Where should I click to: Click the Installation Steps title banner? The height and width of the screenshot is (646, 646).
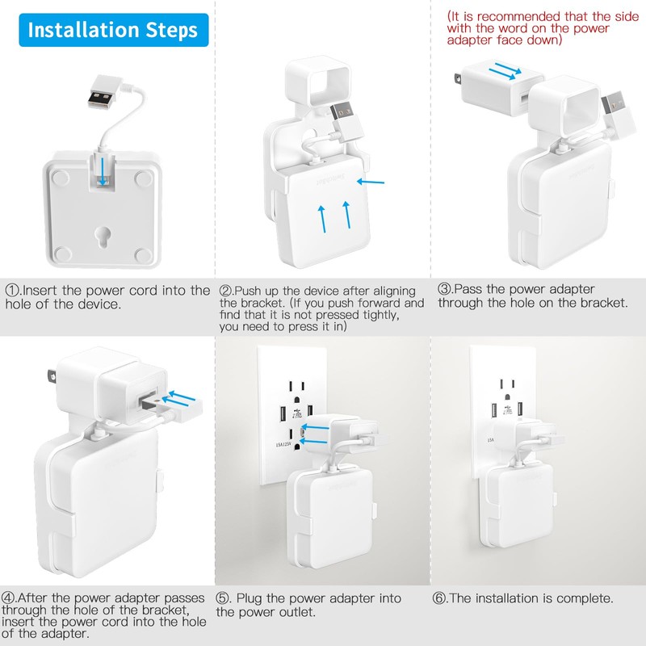[113, 31]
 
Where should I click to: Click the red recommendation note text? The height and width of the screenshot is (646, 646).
[539, 28]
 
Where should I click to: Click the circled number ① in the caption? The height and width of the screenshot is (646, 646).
[12, 290]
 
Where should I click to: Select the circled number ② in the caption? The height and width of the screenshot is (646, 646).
[227, 290]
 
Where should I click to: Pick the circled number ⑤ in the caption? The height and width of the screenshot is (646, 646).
[224, 598]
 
